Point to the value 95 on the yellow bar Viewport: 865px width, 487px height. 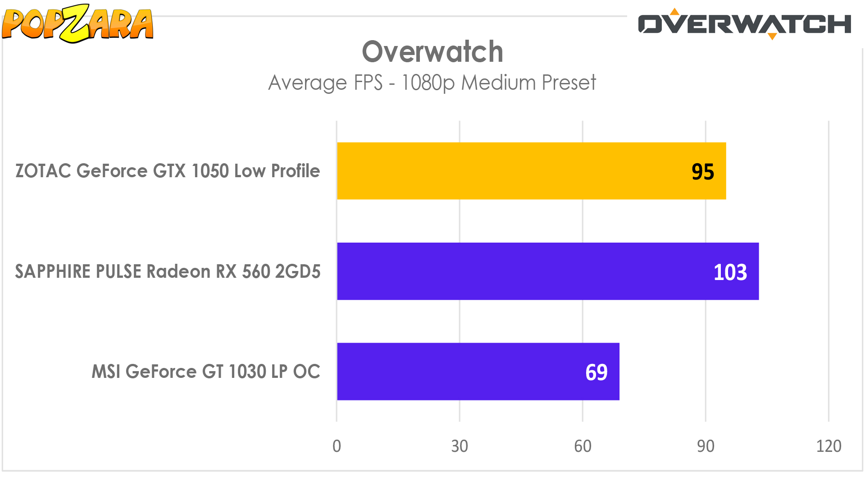702,172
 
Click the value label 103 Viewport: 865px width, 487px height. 730,272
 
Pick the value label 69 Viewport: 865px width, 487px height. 596,372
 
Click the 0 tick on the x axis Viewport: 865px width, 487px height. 337,446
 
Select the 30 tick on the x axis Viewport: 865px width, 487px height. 460,446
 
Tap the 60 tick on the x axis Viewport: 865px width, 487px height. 583,446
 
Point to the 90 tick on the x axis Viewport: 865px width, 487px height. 706,446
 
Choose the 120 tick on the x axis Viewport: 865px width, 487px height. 829,446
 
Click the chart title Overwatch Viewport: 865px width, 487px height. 432,52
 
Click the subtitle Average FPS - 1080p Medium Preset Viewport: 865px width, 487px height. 432,83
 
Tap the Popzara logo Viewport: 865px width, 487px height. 77,23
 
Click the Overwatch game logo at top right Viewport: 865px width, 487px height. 744,24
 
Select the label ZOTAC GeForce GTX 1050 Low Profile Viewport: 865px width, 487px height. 168,171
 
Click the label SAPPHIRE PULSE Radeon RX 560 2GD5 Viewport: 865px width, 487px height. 168,271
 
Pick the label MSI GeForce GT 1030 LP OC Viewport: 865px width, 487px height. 205,372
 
